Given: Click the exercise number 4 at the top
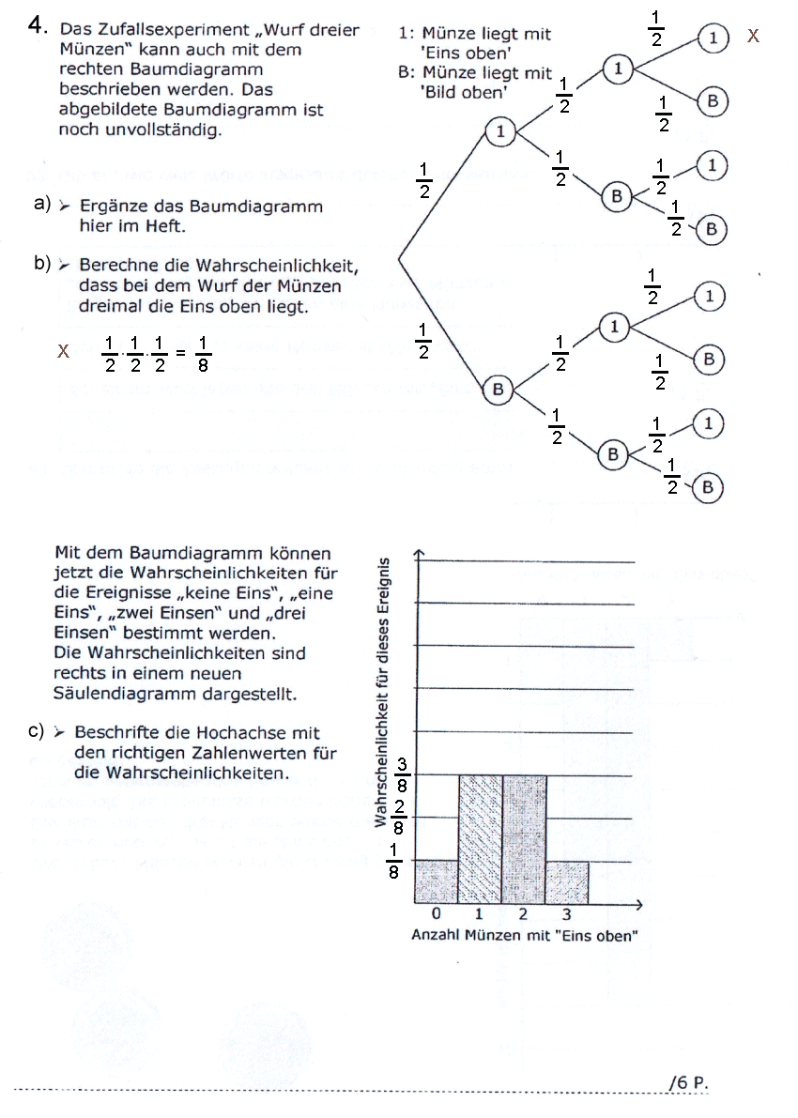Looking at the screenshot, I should click(38, 26).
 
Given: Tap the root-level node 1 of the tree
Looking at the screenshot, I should click(500, 131).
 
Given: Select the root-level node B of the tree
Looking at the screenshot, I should click(499, 389).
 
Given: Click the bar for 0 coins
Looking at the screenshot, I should click(437, 881).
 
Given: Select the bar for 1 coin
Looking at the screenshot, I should click(481, 838).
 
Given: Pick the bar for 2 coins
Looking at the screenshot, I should click(525, 838).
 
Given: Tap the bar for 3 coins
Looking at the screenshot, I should click(567, 881).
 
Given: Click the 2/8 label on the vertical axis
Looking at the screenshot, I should click(401, 818).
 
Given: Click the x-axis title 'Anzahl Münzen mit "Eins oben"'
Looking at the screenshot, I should click(525, 936).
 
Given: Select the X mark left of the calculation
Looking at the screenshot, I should click(64, 352).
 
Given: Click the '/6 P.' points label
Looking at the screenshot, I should click(688, 1082).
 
